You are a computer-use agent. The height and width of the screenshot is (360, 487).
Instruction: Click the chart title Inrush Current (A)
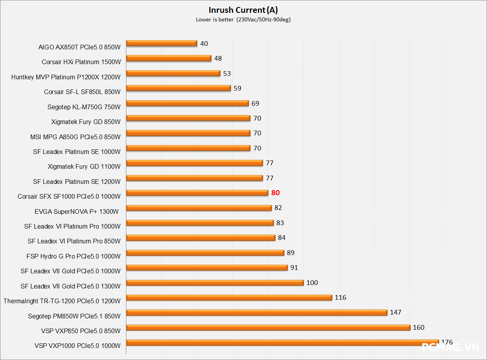click(x=243, y=10)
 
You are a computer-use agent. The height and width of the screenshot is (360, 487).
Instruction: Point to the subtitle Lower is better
click(x=215, y=20)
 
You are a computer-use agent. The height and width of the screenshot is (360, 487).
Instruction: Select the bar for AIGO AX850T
click(x=161, y=43)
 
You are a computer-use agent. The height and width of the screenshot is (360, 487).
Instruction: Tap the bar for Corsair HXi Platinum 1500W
click(x=169, y=58)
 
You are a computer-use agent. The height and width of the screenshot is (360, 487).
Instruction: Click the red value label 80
click(x=276, y=193)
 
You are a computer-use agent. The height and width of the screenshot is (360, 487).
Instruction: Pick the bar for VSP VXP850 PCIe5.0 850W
click(x=268, y=327)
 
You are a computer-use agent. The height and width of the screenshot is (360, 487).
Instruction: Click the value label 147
click(x=396, y=312)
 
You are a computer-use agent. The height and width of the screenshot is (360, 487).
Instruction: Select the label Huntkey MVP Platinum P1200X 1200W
click(x=66, y=77)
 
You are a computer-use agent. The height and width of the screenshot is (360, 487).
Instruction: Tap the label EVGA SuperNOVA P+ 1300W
click(x=77, y=211)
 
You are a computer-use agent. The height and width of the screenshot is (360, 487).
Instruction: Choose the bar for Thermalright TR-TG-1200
click(x=229, y=297)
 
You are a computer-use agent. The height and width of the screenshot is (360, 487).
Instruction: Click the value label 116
click(x=340, y=297)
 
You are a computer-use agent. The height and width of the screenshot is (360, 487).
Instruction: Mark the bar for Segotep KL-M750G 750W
click(x=187, y=103)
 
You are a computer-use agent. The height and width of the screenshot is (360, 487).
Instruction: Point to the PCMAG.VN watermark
click(x=450, y=347)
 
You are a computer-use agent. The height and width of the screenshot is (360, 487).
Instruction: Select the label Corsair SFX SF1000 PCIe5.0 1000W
click(x=69, y=196)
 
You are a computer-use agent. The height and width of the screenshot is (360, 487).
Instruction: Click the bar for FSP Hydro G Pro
click(x=205, y=253)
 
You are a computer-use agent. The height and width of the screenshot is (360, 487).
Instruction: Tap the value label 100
click(x=312, y=283)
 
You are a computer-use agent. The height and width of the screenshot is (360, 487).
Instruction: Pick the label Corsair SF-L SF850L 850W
click(x=82, y=92)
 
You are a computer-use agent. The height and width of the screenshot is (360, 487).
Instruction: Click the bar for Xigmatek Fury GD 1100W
click(x=194, y=163)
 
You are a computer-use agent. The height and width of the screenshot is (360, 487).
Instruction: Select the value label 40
click(x=204, y=44)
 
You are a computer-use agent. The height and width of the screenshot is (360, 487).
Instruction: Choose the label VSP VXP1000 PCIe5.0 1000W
click(x=77, y=346)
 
